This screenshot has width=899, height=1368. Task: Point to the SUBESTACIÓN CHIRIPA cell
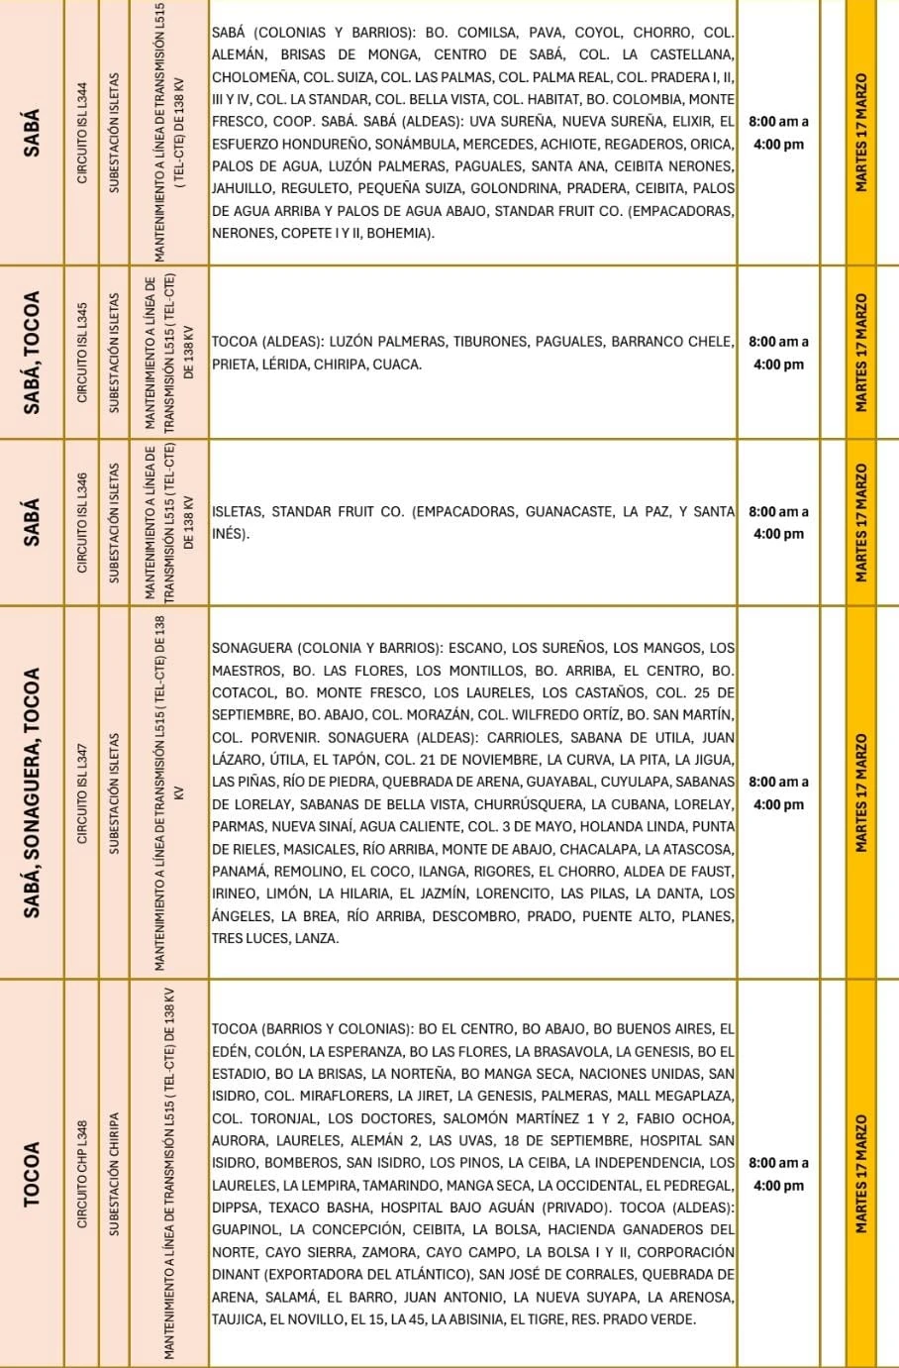pyautogui.click(x=114, y=1173)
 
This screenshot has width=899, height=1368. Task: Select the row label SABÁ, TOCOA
pyautogui.click(x=33, y=352)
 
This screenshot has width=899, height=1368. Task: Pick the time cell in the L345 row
pyautogui.click(x=778, y=353)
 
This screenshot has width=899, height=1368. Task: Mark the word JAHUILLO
pyautogui.click(x=244, y=188)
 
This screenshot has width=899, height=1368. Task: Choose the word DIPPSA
pyautogui.click(x=236, y=1208)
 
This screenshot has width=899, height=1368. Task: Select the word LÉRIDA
pyautogui.click(x=282, y=365)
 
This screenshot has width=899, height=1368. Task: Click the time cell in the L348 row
pyautogui.click(x=778, y=1174)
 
